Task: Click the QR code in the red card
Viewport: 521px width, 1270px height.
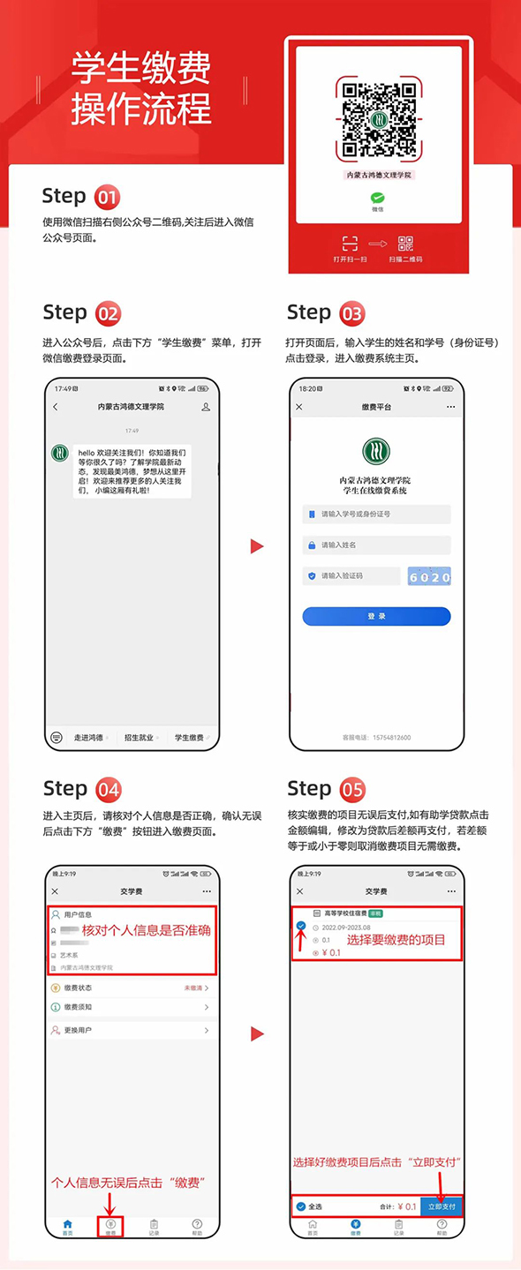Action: coord(378,120)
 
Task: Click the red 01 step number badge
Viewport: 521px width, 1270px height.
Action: coord(107,196)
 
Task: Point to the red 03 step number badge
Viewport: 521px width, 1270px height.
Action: coord(351,313)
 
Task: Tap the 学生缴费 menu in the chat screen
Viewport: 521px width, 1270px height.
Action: coord(189,737)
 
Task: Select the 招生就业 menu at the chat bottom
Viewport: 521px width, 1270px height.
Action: coord(139,737)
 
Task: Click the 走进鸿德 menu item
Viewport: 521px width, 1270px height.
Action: coord(88,737)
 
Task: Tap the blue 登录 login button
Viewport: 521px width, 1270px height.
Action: coord(376,616)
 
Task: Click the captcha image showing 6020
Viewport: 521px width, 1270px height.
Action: coord(429,576)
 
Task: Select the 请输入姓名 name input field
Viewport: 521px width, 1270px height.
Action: coord(376,545)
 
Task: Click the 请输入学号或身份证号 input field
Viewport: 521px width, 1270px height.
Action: coord(376,514)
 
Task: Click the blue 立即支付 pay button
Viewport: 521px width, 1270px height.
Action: coord(442,1206)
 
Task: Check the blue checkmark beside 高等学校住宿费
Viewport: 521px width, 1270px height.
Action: coord(301,925)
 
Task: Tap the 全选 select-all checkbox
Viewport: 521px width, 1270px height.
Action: coord(301,1206)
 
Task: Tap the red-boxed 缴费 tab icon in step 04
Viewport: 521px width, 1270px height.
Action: coord(111,1226)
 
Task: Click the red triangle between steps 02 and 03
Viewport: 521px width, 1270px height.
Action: coord(257,546)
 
